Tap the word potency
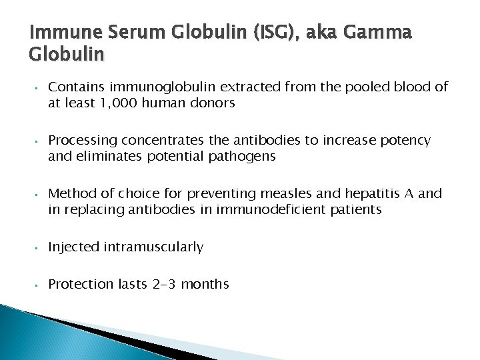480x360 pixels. (406, 141)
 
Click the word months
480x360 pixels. (205, 284)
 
